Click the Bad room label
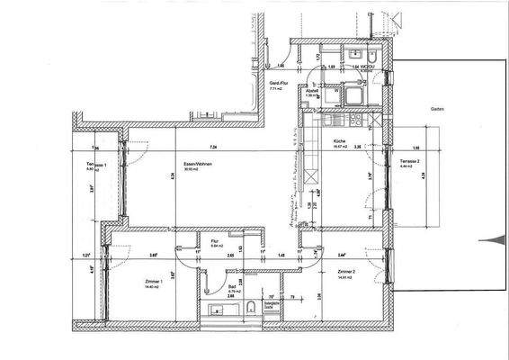pyautogui.click(x=231, y=289)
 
